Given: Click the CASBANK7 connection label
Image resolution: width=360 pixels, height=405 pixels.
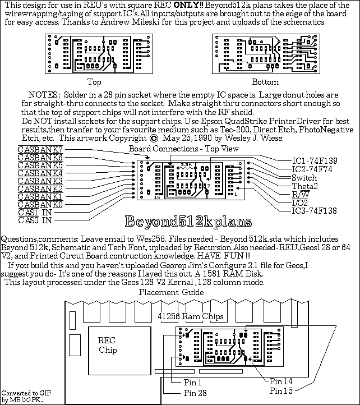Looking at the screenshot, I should (40, 150).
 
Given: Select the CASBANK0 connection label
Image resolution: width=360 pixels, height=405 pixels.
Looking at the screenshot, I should (40, 205).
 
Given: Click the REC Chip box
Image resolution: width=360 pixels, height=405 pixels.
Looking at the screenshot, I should (108, 346).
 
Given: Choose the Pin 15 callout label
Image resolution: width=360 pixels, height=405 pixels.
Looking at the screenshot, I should (280, 390).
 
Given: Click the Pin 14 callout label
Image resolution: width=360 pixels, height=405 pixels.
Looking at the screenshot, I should (280, 380).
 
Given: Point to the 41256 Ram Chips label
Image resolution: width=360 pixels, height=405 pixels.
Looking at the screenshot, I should (190, 316).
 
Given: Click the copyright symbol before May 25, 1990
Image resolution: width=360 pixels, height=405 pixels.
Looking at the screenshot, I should (155, 138).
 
